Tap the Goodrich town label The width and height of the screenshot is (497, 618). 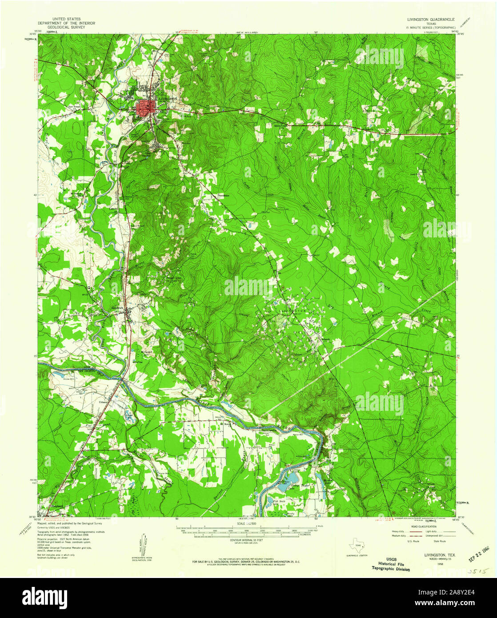tap(117, 308)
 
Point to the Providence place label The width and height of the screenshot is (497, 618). tap(223, 195)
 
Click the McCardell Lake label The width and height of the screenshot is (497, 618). tap(147, 354)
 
